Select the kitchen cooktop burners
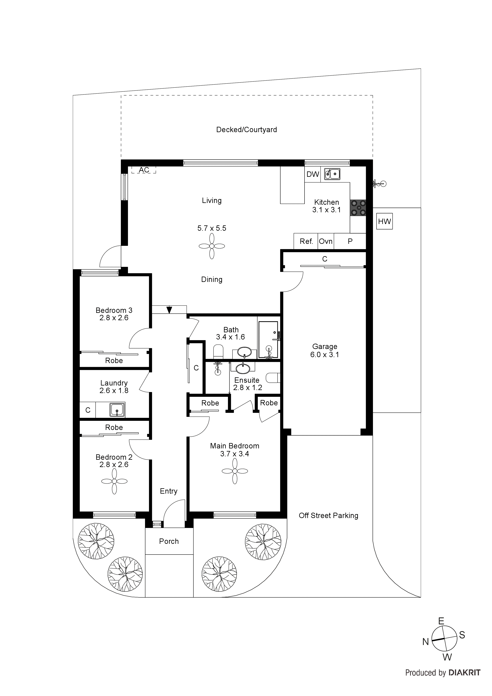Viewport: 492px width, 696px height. click(x=358, y=208)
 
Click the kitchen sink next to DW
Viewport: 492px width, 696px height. click(x=332, y=174)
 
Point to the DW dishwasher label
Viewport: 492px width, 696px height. click(x=312, y=174)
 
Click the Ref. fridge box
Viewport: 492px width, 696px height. click(x=306, y=241)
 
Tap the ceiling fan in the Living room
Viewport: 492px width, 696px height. click(x=212, y=246)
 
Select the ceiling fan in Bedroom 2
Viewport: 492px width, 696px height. click(x=114, y=481)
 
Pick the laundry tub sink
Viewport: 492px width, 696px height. click(x=117, y=410)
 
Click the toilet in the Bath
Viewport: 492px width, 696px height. click(x=218, y=352)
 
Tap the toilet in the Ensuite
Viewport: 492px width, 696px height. click(x=273, y=378)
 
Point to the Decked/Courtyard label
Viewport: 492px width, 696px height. click(x=246, y=130)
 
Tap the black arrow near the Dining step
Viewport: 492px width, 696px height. click(x=169, y=310)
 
